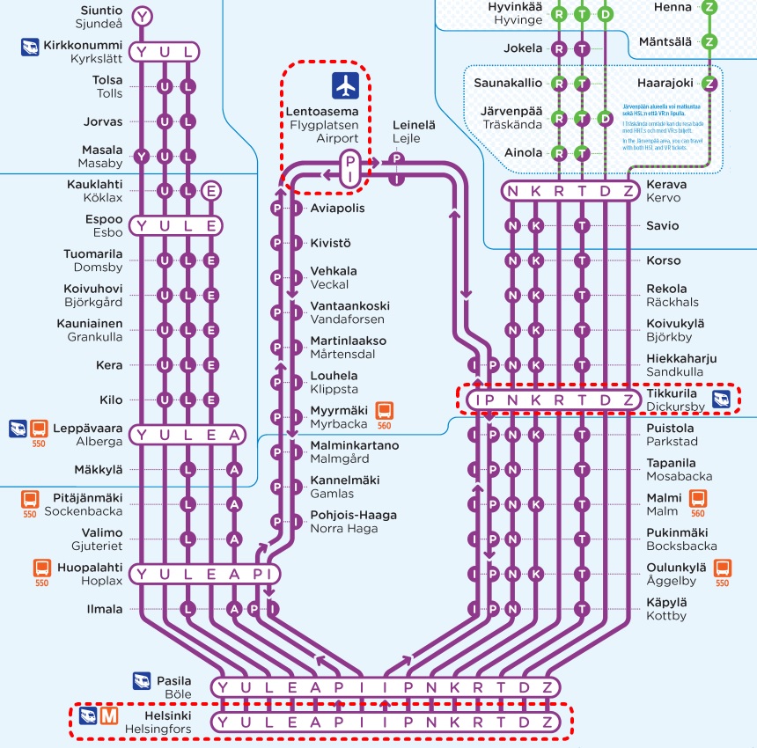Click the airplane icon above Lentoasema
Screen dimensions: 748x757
click(x=346, y=86)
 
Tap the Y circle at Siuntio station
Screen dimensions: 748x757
click(x=142, y=15)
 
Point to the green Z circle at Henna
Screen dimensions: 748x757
click(x=710, y=7)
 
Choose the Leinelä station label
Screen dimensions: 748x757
click(x=414, y=126)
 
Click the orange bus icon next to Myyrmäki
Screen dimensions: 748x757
click(x=384, y=410)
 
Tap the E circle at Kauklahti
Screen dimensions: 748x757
click(x=210, y=190)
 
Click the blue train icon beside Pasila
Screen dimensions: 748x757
click(x=142, y=680)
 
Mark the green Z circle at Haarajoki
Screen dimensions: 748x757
click(x=710, y=84)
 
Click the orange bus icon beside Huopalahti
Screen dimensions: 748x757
click(x=41, y=568)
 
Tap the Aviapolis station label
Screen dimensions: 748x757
click(x=337, y=209)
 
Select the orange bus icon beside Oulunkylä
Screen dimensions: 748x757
click(x=722, y=568)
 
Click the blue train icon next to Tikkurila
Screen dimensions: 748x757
click(x=722, y=400)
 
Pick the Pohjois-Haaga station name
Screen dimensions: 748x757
click(x=353, y=515)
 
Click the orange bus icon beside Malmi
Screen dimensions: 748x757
click(x=697, y=499)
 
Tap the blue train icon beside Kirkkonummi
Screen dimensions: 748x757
click(x=30, y=47)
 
